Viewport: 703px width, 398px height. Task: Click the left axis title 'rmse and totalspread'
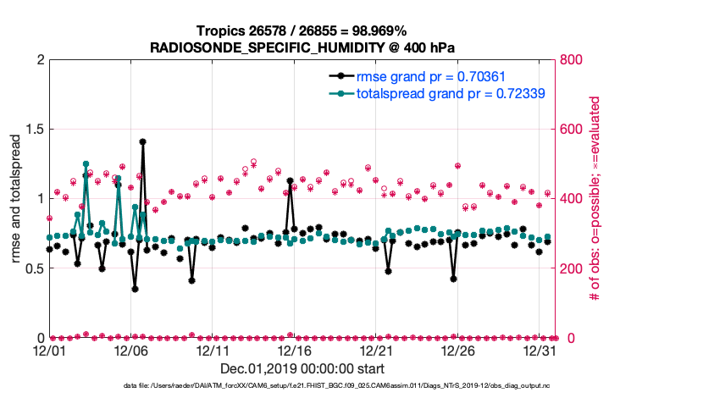[x=14, y=199]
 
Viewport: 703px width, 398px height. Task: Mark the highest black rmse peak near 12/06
[x=143, y=142]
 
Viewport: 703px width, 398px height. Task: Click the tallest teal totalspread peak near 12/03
[x=86, y=164]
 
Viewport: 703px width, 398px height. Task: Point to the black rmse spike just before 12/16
[x=290, y=180]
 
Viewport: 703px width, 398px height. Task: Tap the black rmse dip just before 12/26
[x=454, y=279]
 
